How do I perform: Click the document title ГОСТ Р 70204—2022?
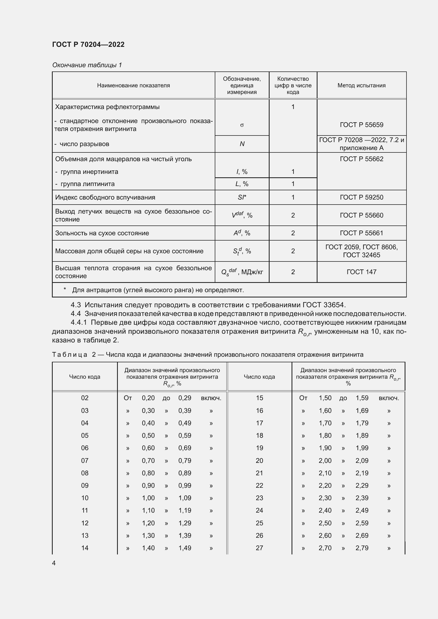click(x=88, y=44)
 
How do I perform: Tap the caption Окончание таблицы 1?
click(x=87, y=65)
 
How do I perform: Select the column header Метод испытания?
click(x=361, y=85)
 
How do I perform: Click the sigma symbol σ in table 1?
click(x=242, y=125)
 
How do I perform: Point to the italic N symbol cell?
click(x=242, y=144)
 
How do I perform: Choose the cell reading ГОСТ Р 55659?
click(x=361, y=125)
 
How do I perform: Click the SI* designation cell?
click(x=242, y=197)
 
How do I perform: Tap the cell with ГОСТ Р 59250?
click(x=361, y=197)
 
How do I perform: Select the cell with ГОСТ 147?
click(x=361, y=272)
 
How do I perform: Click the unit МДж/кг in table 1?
click(x=252, y=272)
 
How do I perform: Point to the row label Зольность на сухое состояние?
click(x=102, y=233)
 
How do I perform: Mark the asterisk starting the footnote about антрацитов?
click(x=65, y=290)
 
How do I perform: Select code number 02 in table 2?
click(x=85, y=398)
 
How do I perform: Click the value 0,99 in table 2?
click(x=185, y=486)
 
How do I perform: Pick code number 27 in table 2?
click(x=259, y=548)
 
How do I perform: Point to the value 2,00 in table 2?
click(x=325, y=461)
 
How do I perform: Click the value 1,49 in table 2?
click(x=185, y=548)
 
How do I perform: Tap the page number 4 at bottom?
click(x=54, y=563)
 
